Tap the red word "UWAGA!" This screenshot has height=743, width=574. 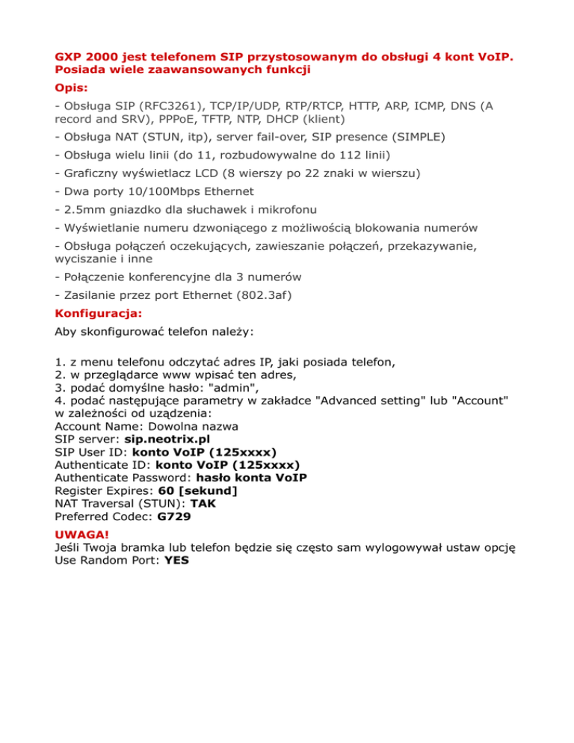tap(81, 535)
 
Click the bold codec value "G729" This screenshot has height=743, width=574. tap(173, 515)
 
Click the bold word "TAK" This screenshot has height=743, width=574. tap(203, 502)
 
